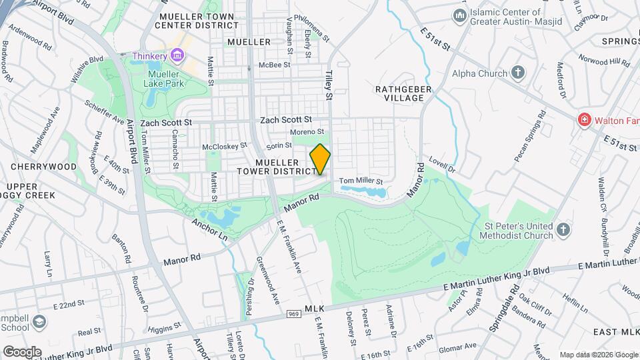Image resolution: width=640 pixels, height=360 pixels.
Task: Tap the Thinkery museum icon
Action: coord(177,56)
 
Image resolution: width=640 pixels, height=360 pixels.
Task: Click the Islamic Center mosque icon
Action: coord(459,15)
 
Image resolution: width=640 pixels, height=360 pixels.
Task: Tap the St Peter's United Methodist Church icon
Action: coord(563,230)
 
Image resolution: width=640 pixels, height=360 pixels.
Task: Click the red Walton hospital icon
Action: coord(584,119)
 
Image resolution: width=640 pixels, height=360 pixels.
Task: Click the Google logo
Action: coord(22,351)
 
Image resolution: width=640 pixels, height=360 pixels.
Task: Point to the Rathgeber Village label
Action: coord(399,93)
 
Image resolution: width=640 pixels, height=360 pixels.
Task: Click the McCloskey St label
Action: coord(224,145)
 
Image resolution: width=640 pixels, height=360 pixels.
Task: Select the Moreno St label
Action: coord(310,132)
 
